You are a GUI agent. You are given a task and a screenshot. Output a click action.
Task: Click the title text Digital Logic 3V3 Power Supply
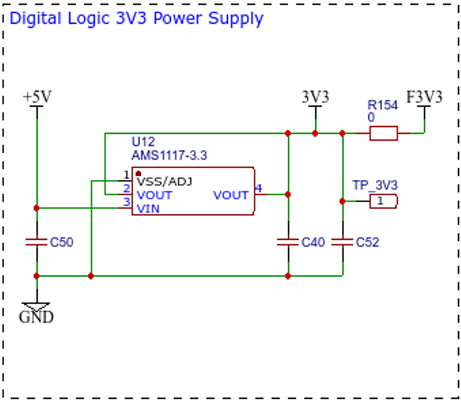[x=137, y=19]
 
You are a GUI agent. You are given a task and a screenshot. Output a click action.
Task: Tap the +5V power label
[x=37, y=97]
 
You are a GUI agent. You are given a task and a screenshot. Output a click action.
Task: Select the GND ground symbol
[x=36, y=313]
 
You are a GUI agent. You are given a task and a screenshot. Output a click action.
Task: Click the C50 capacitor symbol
[x=36, y=242]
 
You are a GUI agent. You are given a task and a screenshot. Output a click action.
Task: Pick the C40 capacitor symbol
[x=288, y=242]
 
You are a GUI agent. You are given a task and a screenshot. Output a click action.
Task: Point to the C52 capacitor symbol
[x=342, y=242]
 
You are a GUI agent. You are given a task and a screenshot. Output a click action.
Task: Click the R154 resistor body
[x=384, y=133]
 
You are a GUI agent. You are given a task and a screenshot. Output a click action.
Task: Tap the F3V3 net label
[x=424, y=97]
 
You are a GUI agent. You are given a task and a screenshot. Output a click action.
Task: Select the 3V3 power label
[x=315, y=97]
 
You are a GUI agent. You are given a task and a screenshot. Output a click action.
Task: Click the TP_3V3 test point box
[x=384, y=201]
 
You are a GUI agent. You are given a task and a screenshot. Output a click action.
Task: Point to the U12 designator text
[x=143, y=142]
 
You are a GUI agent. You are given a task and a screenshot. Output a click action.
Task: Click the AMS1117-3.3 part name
[x=169, y=155]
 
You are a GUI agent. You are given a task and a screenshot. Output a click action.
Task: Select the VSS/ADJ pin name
[x=165, y=182]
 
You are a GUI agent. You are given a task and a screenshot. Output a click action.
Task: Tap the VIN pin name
[x=148, y=209]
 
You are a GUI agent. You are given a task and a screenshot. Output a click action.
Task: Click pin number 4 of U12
[x=259, y=188]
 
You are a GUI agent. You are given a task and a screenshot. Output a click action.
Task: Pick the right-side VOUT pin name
[x=231, y=195]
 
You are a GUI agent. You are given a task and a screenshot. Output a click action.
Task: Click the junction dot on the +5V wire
[x=36, y=208]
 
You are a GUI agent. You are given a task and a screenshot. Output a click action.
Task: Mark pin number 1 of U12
[x=126, y=175]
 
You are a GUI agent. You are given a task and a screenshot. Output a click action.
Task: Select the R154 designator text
[x=382, y=105]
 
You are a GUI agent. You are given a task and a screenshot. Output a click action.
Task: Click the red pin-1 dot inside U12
[x=139, y=174]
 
